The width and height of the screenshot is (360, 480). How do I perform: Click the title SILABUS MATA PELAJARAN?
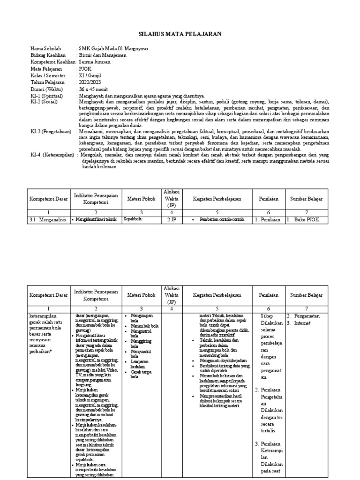[x=180, y=34]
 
